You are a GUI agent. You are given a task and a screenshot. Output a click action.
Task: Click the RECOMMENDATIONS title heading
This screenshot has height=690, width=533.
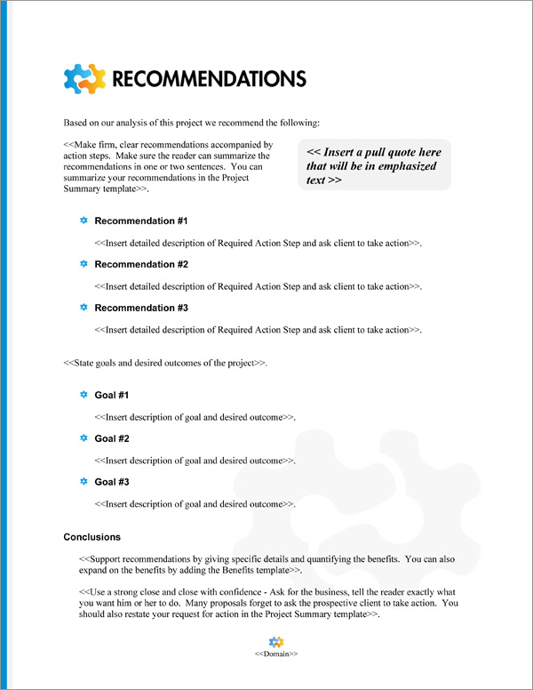(x=209, y=78)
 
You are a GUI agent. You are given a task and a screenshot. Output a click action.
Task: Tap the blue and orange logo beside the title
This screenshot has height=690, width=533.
(x=85, y=78)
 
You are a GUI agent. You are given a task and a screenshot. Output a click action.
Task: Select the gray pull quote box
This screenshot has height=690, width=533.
(x=375, y=164)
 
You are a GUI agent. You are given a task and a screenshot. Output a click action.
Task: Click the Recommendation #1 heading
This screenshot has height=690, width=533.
(x=140, y=221)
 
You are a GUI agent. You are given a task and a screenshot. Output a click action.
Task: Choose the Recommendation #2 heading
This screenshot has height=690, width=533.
(x=140, y=264)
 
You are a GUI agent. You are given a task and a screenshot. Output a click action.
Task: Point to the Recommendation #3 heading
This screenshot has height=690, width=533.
(x=140, y=308)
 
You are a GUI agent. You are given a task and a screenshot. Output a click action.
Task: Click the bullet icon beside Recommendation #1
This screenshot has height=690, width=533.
(x=84, y=221)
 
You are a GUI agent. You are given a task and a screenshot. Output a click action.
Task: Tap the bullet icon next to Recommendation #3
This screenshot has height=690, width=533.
(x=84, y=308)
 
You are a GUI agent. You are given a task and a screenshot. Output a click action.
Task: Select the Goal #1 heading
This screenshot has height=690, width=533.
(x=112, y=395)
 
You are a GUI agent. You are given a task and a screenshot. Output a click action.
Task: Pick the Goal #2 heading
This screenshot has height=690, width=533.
(x=112, y=438)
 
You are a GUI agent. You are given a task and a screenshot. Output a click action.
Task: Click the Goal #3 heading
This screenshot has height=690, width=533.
(x=112, y=482)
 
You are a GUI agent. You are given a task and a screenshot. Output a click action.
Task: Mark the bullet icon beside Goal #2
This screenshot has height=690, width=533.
(x=84, y=438)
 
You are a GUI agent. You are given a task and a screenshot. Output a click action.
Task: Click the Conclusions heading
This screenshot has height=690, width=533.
(x=92, y=537)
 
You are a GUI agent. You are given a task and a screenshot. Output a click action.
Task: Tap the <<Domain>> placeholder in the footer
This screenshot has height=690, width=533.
(x=275, y=654)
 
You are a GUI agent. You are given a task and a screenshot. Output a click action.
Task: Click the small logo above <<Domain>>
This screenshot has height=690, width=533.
(x=275, y=641)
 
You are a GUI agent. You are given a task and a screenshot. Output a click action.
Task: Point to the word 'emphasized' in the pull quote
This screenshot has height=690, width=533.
(x=400, y=165)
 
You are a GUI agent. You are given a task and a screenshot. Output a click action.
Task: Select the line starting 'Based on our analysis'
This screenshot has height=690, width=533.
(x=192, y=122)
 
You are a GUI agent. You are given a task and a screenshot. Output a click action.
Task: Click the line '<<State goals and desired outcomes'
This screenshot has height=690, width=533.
(x=165, y=364)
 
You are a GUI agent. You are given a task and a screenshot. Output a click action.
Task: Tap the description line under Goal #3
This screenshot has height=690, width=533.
(x=195, y=503)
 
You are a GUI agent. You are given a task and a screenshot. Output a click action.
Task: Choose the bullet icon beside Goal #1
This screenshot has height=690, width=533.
(x=84, y=395)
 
